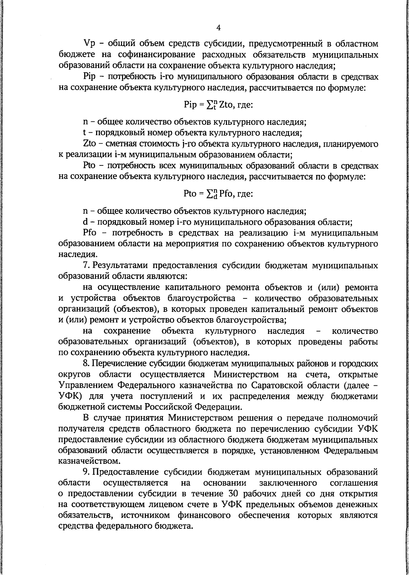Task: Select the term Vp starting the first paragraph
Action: click(x=89, y=44)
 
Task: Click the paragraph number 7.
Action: click(x=85, y=265)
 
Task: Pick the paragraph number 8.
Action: click(x=85, y=364)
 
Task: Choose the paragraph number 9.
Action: click(x=85, y=472)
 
